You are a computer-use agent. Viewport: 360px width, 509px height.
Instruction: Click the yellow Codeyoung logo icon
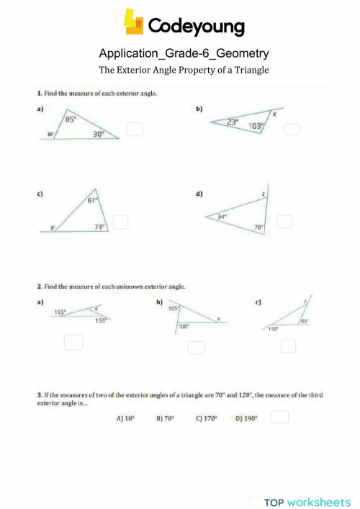click(x=134, y=22)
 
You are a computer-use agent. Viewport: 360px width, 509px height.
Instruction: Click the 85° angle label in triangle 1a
click(x=71, y=120)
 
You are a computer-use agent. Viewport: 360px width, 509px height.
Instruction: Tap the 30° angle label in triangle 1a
click(x=98, y=133)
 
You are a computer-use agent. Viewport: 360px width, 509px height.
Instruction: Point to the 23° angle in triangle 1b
click(x=232, y=122)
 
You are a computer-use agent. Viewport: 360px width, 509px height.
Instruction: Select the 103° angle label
click(x=256, y=127)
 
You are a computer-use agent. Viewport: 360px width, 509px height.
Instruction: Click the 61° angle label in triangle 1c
click(x=92, y=201)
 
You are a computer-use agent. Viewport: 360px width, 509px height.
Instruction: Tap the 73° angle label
click(x=100, y=226)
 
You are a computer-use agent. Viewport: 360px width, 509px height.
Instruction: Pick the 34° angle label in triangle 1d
click(x=222, y=216)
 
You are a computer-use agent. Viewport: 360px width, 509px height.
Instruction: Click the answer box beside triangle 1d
click(x=285, y=222)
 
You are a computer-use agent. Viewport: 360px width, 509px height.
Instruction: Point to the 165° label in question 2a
click(x=60, y=312)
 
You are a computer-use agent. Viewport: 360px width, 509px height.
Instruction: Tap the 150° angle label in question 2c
click(x=274, y=329)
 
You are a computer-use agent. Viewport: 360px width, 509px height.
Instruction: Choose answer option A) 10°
click(x=125, y=417)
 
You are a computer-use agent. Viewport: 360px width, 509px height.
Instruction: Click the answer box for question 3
click(x=280, y=416)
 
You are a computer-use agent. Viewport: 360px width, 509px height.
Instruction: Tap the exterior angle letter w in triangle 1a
click(x=49, y=132)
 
